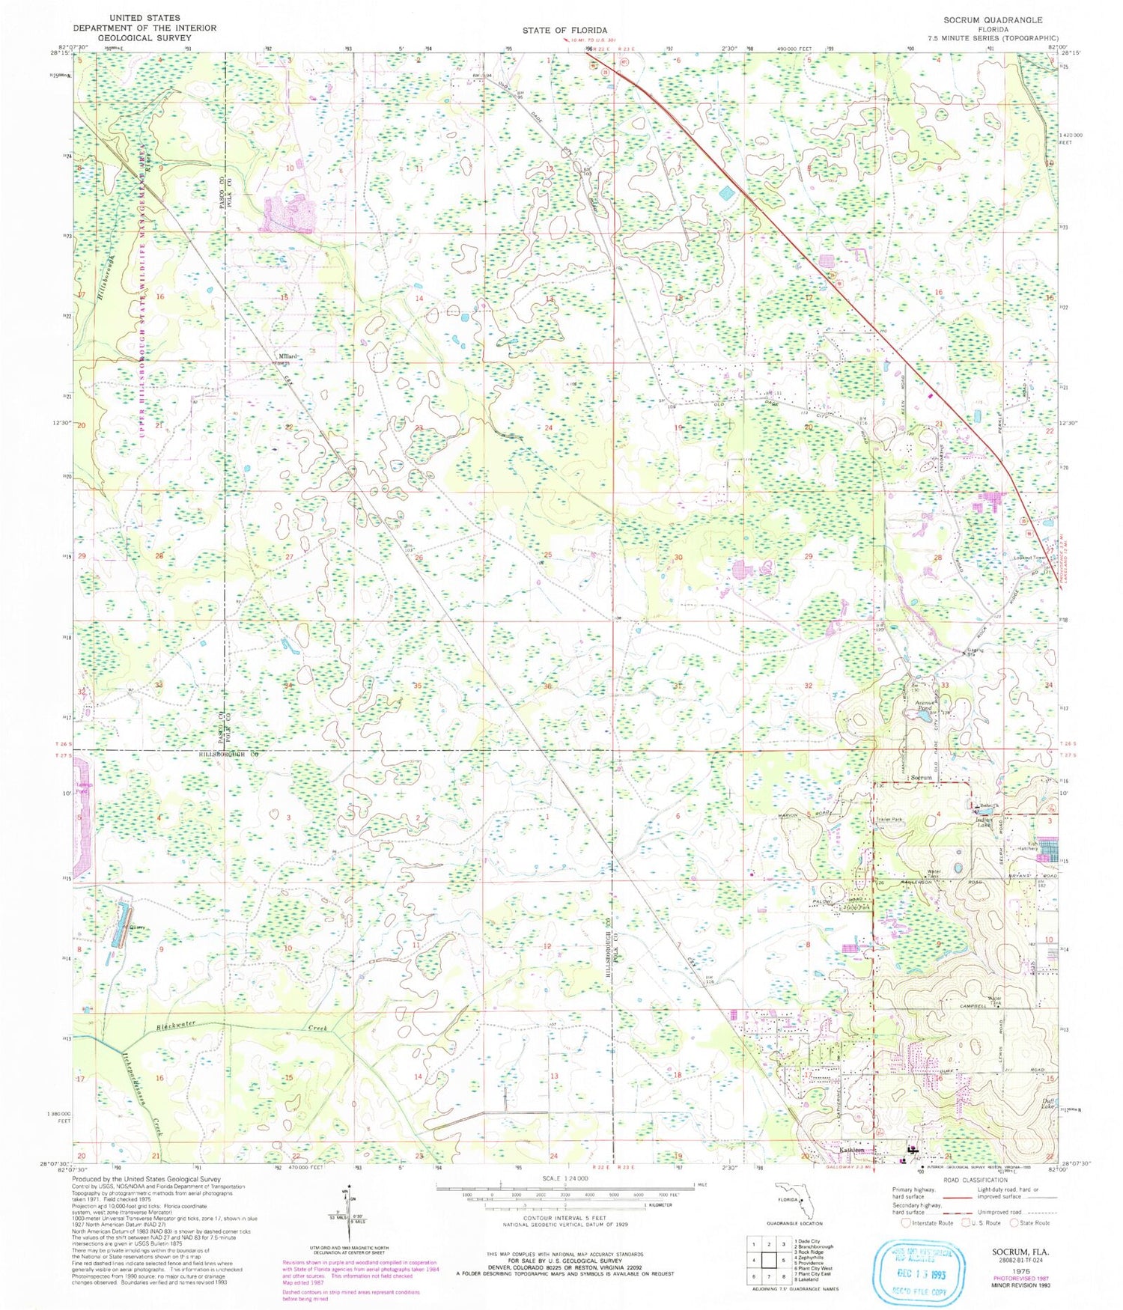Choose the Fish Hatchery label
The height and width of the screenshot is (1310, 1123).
tap(1028, 846)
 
